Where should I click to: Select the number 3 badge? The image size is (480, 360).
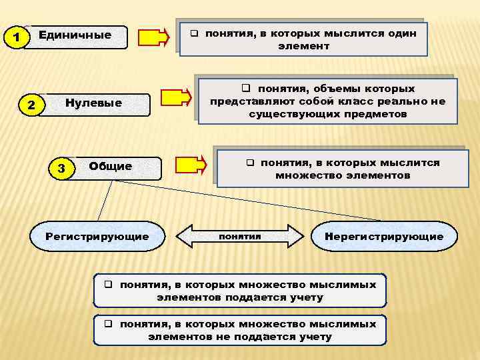[x=61, y=168]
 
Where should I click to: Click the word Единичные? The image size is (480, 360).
[x=75, y=35]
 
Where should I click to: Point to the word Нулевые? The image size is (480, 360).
[x=93, y=103]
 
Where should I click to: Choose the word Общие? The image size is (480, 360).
[x=110, y=166]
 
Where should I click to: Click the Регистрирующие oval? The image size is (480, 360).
[x=97, y=237]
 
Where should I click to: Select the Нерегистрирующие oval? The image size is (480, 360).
[x=383, y=237]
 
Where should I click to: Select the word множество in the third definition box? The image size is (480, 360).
[x=305, y=176]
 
